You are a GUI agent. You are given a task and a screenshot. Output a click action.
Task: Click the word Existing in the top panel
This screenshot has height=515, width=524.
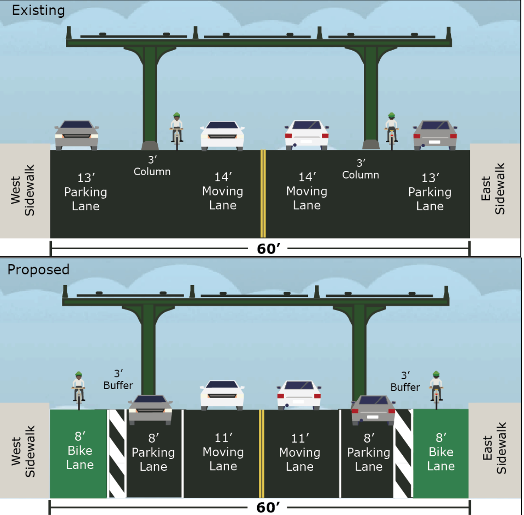pos(38,10)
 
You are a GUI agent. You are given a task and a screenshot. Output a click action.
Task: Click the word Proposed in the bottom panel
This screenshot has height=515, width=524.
pos(38,270)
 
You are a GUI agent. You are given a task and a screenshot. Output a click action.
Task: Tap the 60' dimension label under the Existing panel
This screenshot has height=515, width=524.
pos(268,249)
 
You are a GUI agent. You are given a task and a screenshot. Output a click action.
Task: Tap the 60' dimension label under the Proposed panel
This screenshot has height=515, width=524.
pos(268,507)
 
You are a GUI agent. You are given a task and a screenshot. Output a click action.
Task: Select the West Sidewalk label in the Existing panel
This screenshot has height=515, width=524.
pos(23,190)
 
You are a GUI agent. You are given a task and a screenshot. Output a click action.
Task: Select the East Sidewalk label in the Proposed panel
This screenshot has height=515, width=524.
pos(494,448)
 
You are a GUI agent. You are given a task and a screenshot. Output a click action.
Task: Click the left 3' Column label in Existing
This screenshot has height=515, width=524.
pos(152,166)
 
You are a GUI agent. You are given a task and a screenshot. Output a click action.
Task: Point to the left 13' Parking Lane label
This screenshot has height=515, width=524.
pos(86,192)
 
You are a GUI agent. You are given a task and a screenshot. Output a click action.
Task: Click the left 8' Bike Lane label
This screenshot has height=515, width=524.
pos(80,451)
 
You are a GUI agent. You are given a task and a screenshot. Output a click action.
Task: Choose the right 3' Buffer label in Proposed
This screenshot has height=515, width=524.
pos(405,382)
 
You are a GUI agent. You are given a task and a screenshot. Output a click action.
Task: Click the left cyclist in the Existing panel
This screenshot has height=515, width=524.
pos(177,130)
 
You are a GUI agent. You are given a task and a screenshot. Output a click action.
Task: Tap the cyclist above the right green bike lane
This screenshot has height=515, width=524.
pos(436,389)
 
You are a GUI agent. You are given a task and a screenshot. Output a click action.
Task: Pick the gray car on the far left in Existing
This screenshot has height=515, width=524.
pos(77,135)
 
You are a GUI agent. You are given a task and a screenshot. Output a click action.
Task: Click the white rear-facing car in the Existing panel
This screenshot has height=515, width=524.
pos(307,135)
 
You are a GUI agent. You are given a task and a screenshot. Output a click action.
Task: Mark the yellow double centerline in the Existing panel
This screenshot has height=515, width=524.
pos(262,193)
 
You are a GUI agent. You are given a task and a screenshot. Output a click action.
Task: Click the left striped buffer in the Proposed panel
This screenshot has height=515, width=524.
pos(117,453)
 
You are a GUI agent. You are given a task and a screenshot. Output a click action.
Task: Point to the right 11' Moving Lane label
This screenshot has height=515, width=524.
pos(300,452)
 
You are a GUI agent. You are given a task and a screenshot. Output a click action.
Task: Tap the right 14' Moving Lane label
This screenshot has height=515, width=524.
pos(307,191)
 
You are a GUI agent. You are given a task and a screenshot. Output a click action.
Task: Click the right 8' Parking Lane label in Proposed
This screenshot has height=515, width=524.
pos(369,452)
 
